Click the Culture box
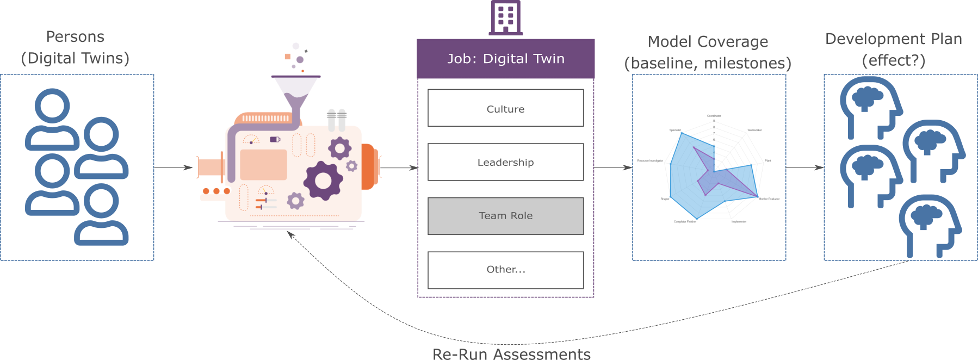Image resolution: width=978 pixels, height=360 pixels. click(505, 108)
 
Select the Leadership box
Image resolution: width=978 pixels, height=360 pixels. click(505, 162)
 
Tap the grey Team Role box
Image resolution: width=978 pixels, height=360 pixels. click(505, 216)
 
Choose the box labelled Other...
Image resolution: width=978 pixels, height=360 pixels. click(505, 270)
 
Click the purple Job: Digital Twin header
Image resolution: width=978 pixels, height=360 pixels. click(505, 59)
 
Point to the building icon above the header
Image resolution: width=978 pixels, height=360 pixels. click(505, 17)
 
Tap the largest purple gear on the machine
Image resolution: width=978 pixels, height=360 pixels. click(323, 181)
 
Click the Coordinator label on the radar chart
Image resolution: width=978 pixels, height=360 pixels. click(714, 116)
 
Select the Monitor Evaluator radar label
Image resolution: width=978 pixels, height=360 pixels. click(769, 199)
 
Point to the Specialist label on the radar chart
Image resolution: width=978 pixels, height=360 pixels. click(675, 131)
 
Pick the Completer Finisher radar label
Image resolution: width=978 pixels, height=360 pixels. click(685, 222)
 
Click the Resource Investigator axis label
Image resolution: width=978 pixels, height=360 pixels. click(650, 161)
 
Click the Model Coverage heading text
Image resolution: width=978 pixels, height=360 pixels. click(708, 42)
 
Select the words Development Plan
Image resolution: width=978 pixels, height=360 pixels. click(893, 39)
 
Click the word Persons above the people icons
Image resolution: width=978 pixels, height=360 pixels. click(75, 37)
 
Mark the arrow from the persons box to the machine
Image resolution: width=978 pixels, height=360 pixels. click(174, 168)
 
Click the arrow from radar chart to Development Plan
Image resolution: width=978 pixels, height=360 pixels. click(805, 167)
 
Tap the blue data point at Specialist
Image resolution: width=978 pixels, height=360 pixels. click(682, 133)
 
